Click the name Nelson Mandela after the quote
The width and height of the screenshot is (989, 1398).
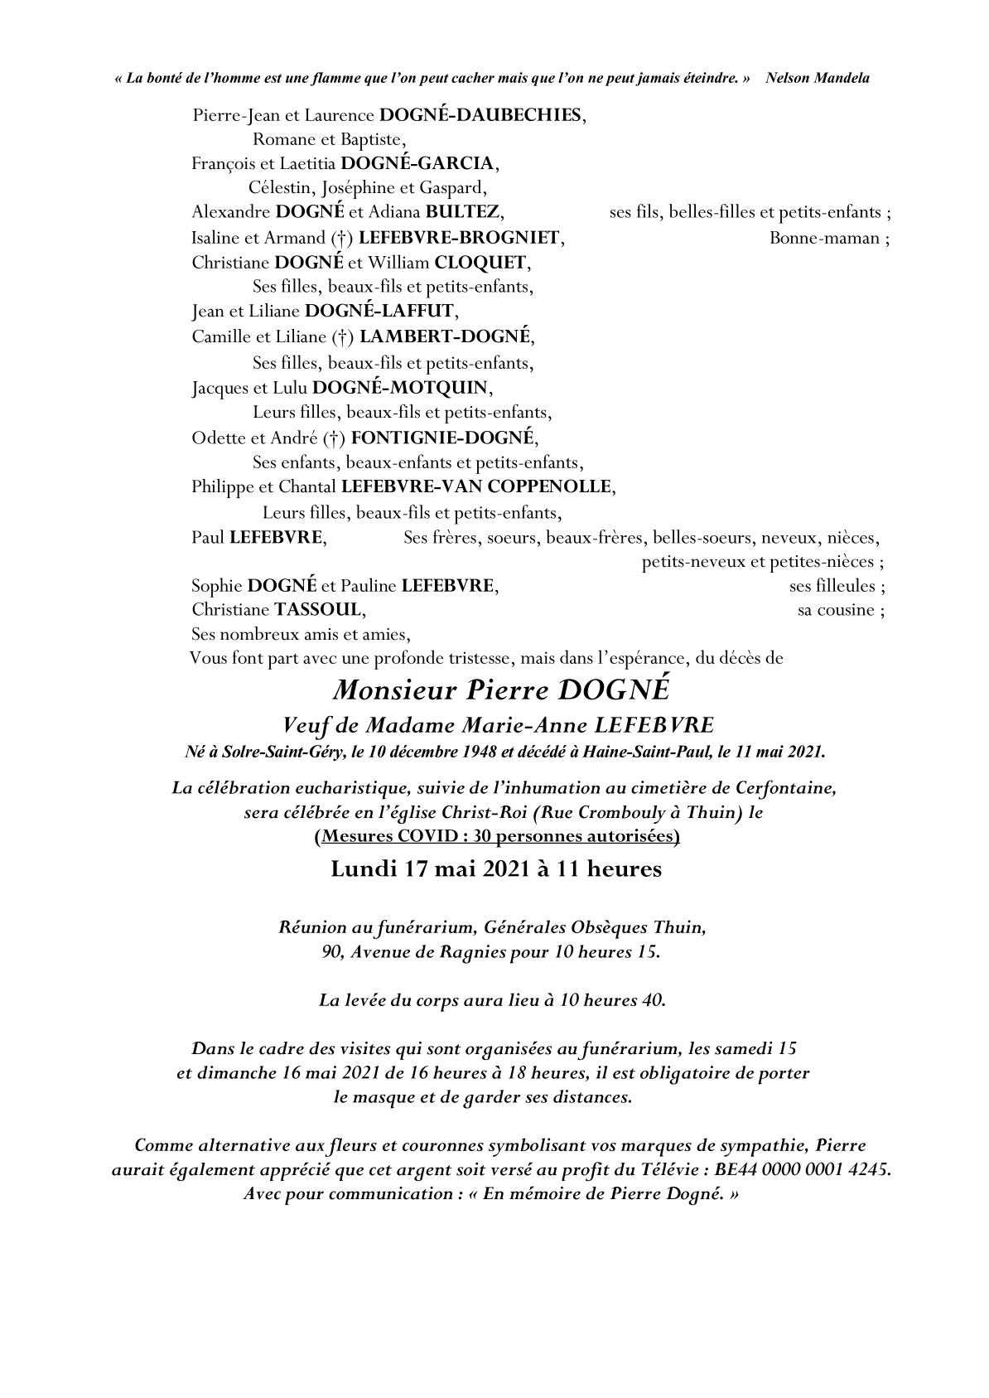click(818, 78)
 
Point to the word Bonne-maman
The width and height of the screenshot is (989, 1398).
click(824, 238)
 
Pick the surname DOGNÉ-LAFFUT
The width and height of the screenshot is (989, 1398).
click(379, 312)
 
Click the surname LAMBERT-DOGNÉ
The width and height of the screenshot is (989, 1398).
click(446, 336)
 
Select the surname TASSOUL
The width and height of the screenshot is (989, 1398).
click(317, 610)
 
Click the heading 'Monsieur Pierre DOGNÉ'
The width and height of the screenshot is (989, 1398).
click(494, 690)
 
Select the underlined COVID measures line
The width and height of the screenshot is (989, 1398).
click(497, 836)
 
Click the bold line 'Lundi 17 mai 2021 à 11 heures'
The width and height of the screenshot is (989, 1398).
click(495, 869)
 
